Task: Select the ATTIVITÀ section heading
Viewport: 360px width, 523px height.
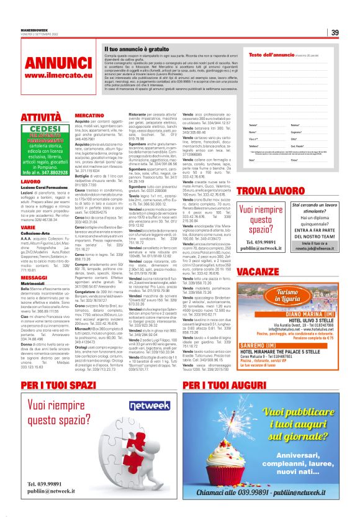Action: tap(41, 117)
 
